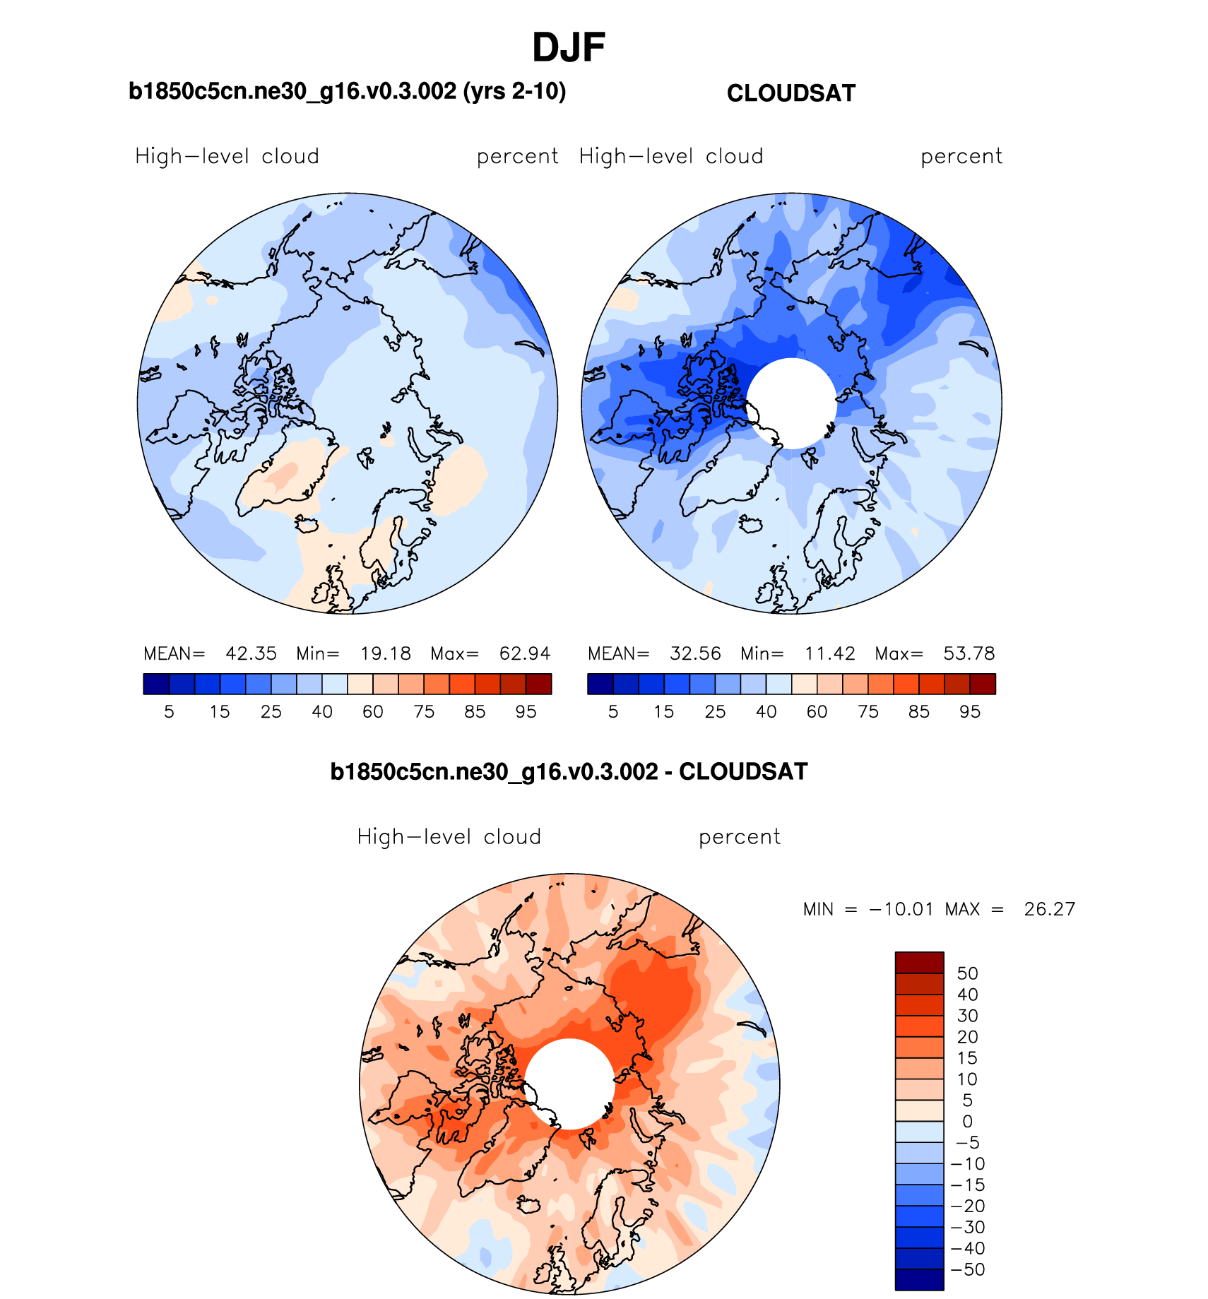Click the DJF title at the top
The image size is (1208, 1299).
pyautogui.click(x=568, y=48)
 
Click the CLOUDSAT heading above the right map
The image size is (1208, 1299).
pyautogui.click(x=790, y=93)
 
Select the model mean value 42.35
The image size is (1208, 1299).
pyautogui.click(x=251, y=653)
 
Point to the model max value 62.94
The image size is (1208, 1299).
pyautogui.click(x=524, y=653)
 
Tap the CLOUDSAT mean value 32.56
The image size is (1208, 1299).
pyautogui.click(x=695, y=653)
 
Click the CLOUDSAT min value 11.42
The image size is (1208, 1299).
pyautogui.click(x=829, y=653)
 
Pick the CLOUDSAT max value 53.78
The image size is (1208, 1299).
pyautogui.click(x=969, y=653)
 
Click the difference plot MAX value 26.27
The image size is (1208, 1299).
pyautogui.click(x=1049, y=909)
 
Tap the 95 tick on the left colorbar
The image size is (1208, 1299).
pyautogui.click(x=526, y=711)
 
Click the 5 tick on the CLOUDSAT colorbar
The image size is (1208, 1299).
pyautogui.click(x=613, y=711)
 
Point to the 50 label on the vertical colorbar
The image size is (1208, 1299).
pyautogui.click(x=967, y=973)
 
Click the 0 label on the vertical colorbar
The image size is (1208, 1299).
pyautogui.click(x=967, y=1122)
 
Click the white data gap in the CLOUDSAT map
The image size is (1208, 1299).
pyautogui.click(x=791, y=403)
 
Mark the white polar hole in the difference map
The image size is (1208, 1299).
pyautogui.click(x=569, y=1084)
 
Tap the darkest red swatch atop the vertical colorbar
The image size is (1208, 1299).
pyautogui.click(x=919, y=963)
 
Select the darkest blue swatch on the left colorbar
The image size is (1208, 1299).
pyautogui.click(x=155, y=684)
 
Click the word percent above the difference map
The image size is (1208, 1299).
pyautogui.click(x=739, y=837)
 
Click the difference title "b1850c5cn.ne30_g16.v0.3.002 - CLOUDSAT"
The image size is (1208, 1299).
pyautogui.click(x=569, y=771)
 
